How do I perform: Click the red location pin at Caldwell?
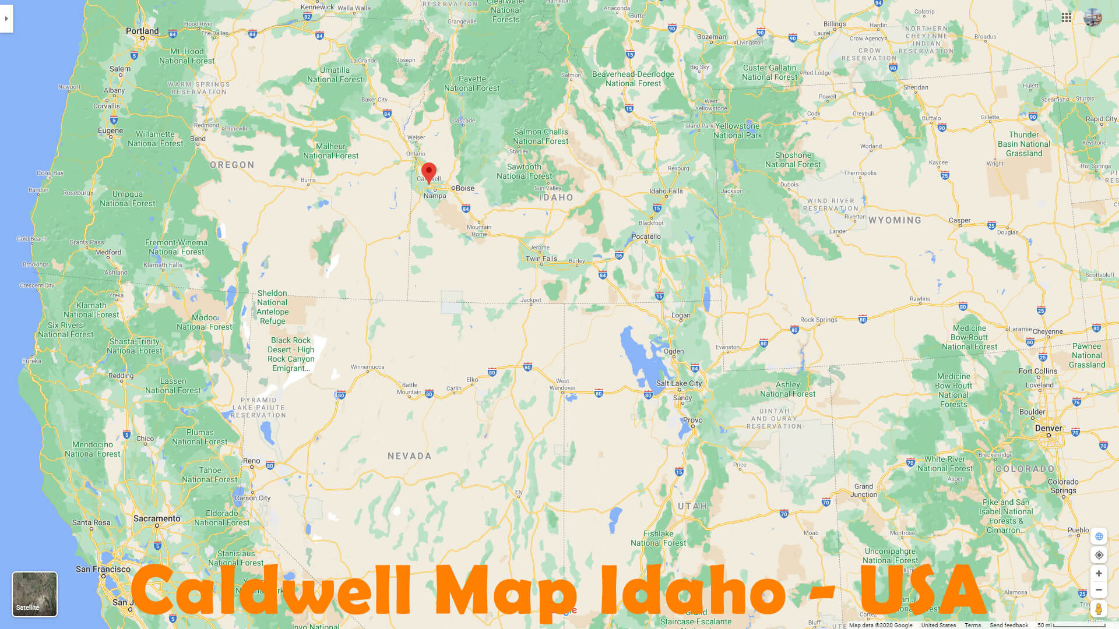tap(429, 172)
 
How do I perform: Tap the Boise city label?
tap(465, 188)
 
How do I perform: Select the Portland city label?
tap(142, 31)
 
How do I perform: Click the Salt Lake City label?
tap(679, 383)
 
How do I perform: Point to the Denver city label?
tap(1048, 428)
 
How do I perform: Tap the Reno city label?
tap(252, 461)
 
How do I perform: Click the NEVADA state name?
tap(410, 456)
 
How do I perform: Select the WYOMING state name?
tap(895, 220)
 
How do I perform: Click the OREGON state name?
tap(232, 165)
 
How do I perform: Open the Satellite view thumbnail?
tap(35, 594)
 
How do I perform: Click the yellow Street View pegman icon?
tap(1099, 609)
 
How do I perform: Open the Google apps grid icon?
tap(1067, 17)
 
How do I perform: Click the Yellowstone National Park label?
tap(737, 130)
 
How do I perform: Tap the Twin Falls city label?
tap(541, 259)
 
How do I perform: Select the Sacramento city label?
tap(157, 518)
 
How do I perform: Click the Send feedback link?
tap(1009, 625)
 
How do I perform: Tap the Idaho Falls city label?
tap(666, 191)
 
